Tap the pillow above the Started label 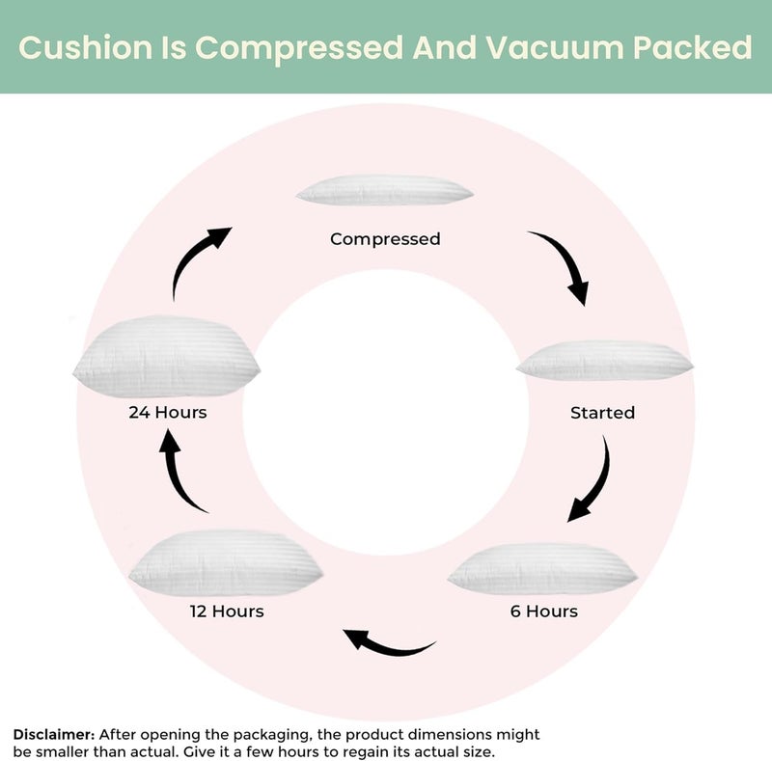click(605, 361)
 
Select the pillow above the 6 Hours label click(542, 568)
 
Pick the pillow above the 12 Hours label click(226, 562)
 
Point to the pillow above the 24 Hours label click(166, 356)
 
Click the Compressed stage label click(385, 239)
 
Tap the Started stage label click(602, 413)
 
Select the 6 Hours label click(544, 611)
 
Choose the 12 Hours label click(227, 611)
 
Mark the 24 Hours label click(168, 412)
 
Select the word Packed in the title click(692, 48)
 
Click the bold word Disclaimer click(54, 734)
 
